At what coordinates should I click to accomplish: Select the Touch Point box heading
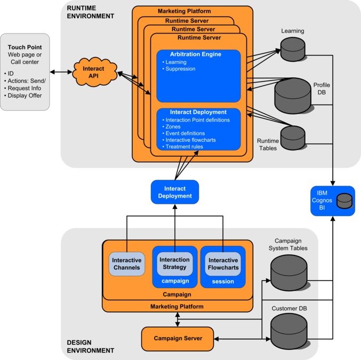(25, 46)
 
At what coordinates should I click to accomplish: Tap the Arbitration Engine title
(195, 54)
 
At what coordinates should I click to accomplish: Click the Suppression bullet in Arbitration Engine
(180, 69)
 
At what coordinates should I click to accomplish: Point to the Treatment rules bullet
(184, 147)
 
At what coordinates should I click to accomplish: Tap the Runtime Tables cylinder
(292, 137)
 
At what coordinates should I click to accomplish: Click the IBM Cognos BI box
(333, 201)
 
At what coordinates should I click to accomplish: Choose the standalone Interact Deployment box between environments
(174, 192)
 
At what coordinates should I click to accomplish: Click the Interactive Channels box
(126, 264)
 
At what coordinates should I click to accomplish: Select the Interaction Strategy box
(174, 263)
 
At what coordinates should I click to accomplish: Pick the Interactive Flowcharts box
(223, 263)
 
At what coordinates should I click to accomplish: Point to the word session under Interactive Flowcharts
(223, 281)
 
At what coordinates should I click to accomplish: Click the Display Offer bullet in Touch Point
(26, 95)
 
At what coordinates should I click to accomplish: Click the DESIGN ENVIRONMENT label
(91, 346)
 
